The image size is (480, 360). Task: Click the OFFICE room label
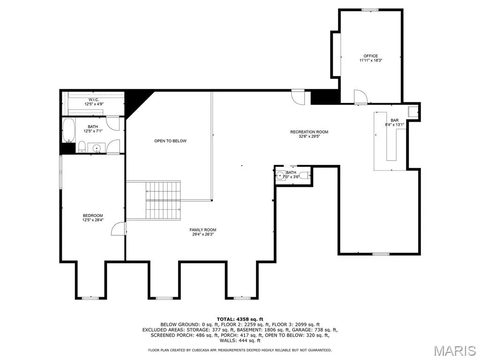[x=371, y=56]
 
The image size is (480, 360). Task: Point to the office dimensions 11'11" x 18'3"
[x=371, y=60]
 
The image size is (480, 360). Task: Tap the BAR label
[x=395, y=120]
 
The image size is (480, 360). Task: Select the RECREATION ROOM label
[x=309, y=132]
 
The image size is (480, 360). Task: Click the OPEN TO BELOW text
[x=170, y=141]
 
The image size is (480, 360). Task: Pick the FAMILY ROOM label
[x=202, y=230]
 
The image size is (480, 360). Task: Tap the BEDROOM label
[x=93, y=216]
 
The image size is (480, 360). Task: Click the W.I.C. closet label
[x=94, y=100]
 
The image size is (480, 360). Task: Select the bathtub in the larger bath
[x=68, y=130]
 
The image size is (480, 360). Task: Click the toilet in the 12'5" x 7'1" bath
[x=82, y=147]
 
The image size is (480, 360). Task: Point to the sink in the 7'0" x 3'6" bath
[x=280, y=176]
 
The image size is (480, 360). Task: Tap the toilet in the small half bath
[x=305, y=176]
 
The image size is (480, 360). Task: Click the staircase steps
[x=163, y=200]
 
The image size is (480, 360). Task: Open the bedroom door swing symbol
[x=119, y=228]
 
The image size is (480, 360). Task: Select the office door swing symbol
[x=360, y=97]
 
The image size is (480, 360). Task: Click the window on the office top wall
[x=370, y=10]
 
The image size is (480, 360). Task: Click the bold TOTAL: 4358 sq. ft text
[x=240, y=319]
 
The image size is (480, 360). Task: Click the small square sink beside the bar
[x=413, y=112]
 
